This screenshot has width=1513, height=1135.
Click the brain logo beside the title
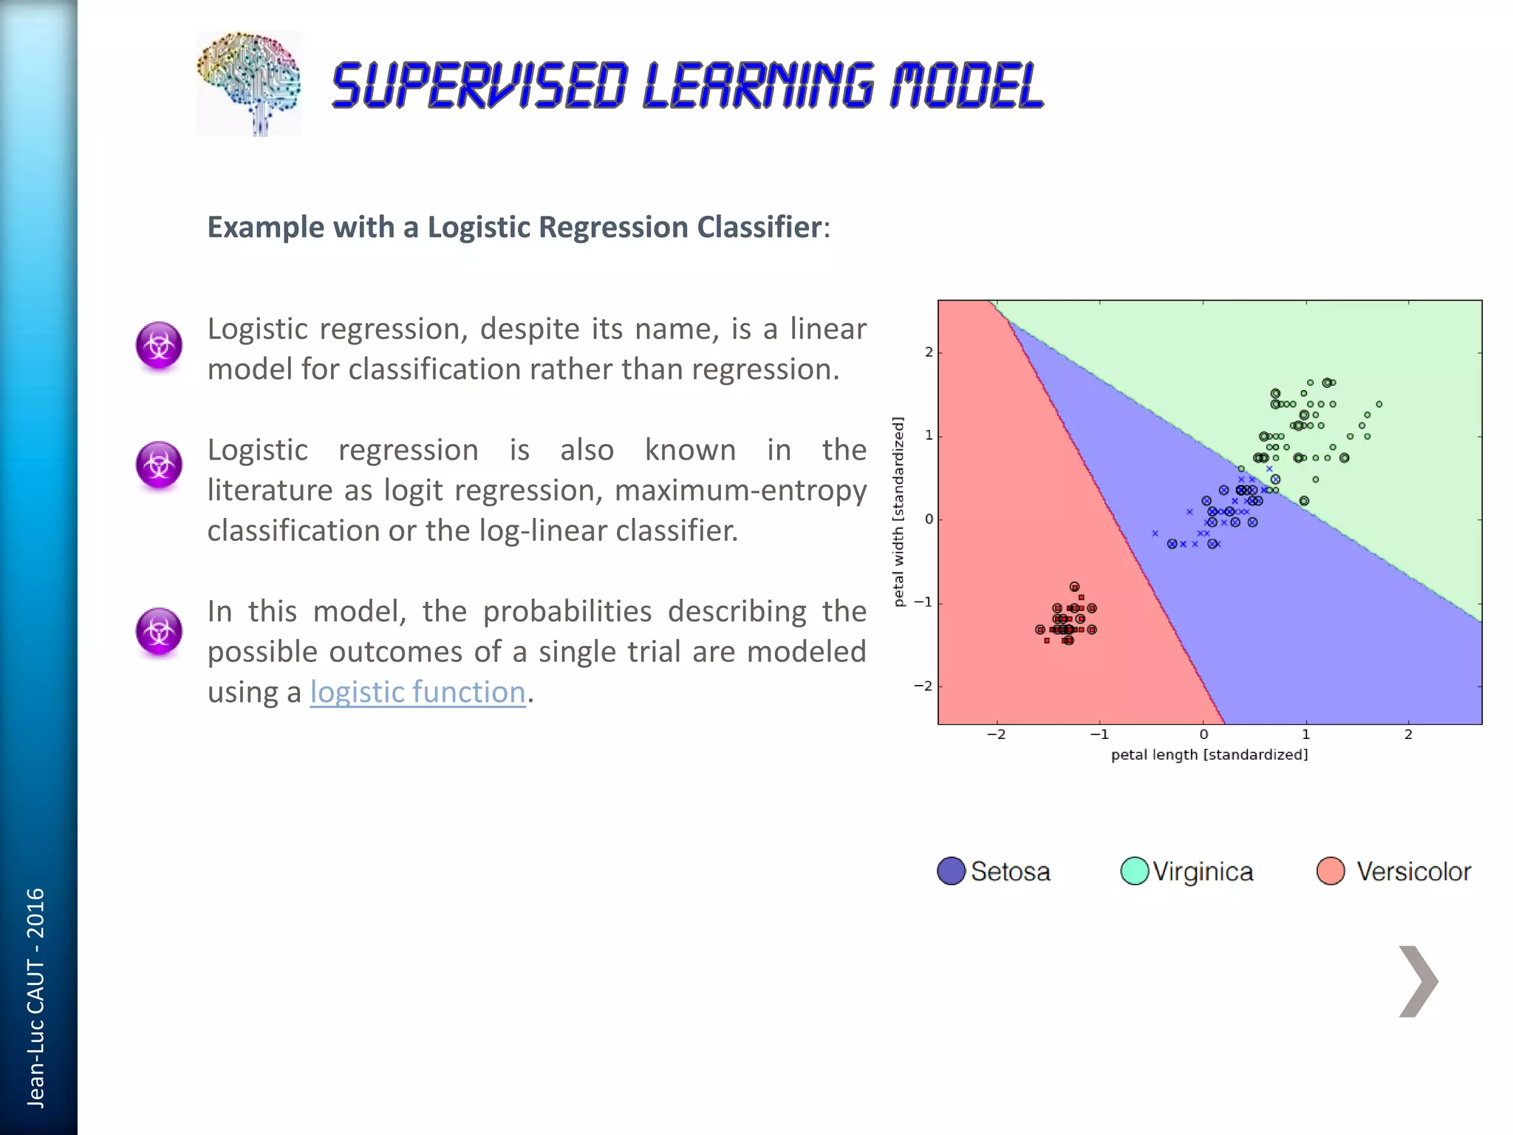[249, 83]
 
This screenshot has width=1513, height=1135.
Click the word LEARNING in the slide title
[759, 86]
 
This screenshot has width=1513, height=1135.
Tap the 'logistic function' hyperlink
[417, 692]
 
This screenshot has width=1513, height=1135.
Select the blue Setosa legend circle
[951, 870]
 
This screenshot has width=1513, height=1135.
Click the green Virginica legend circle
[1134, 870]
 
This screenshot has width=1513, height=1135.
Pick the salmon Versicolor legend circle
[1330, 870]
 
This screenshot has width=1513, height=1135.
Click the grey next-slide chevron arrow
[1418, 981]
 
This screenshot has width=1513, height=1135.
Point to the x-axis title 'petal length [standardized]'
[1209, 754]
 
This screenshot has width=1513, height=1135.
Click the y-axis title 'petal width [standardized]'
[898, 511]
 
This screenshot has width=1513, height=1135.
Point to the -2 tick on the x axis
[996, 734]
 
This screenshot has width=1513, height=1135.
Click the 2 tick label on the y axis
[929, 352]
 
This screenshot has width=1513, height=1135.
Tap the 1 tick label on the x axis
[1305, 734]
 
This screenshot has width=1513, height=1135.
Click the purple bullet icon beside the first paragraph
[159, 345]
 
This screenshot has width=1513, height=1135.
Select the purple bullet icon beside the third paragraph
[159, 631]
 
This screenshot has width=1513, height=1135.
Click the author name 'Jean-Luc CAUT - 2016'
[35, 998]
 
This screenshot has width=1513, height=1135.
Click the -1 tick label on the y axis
[923, 602]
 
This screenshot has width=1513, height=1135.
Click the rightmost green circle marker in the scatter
[1379, 404]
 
